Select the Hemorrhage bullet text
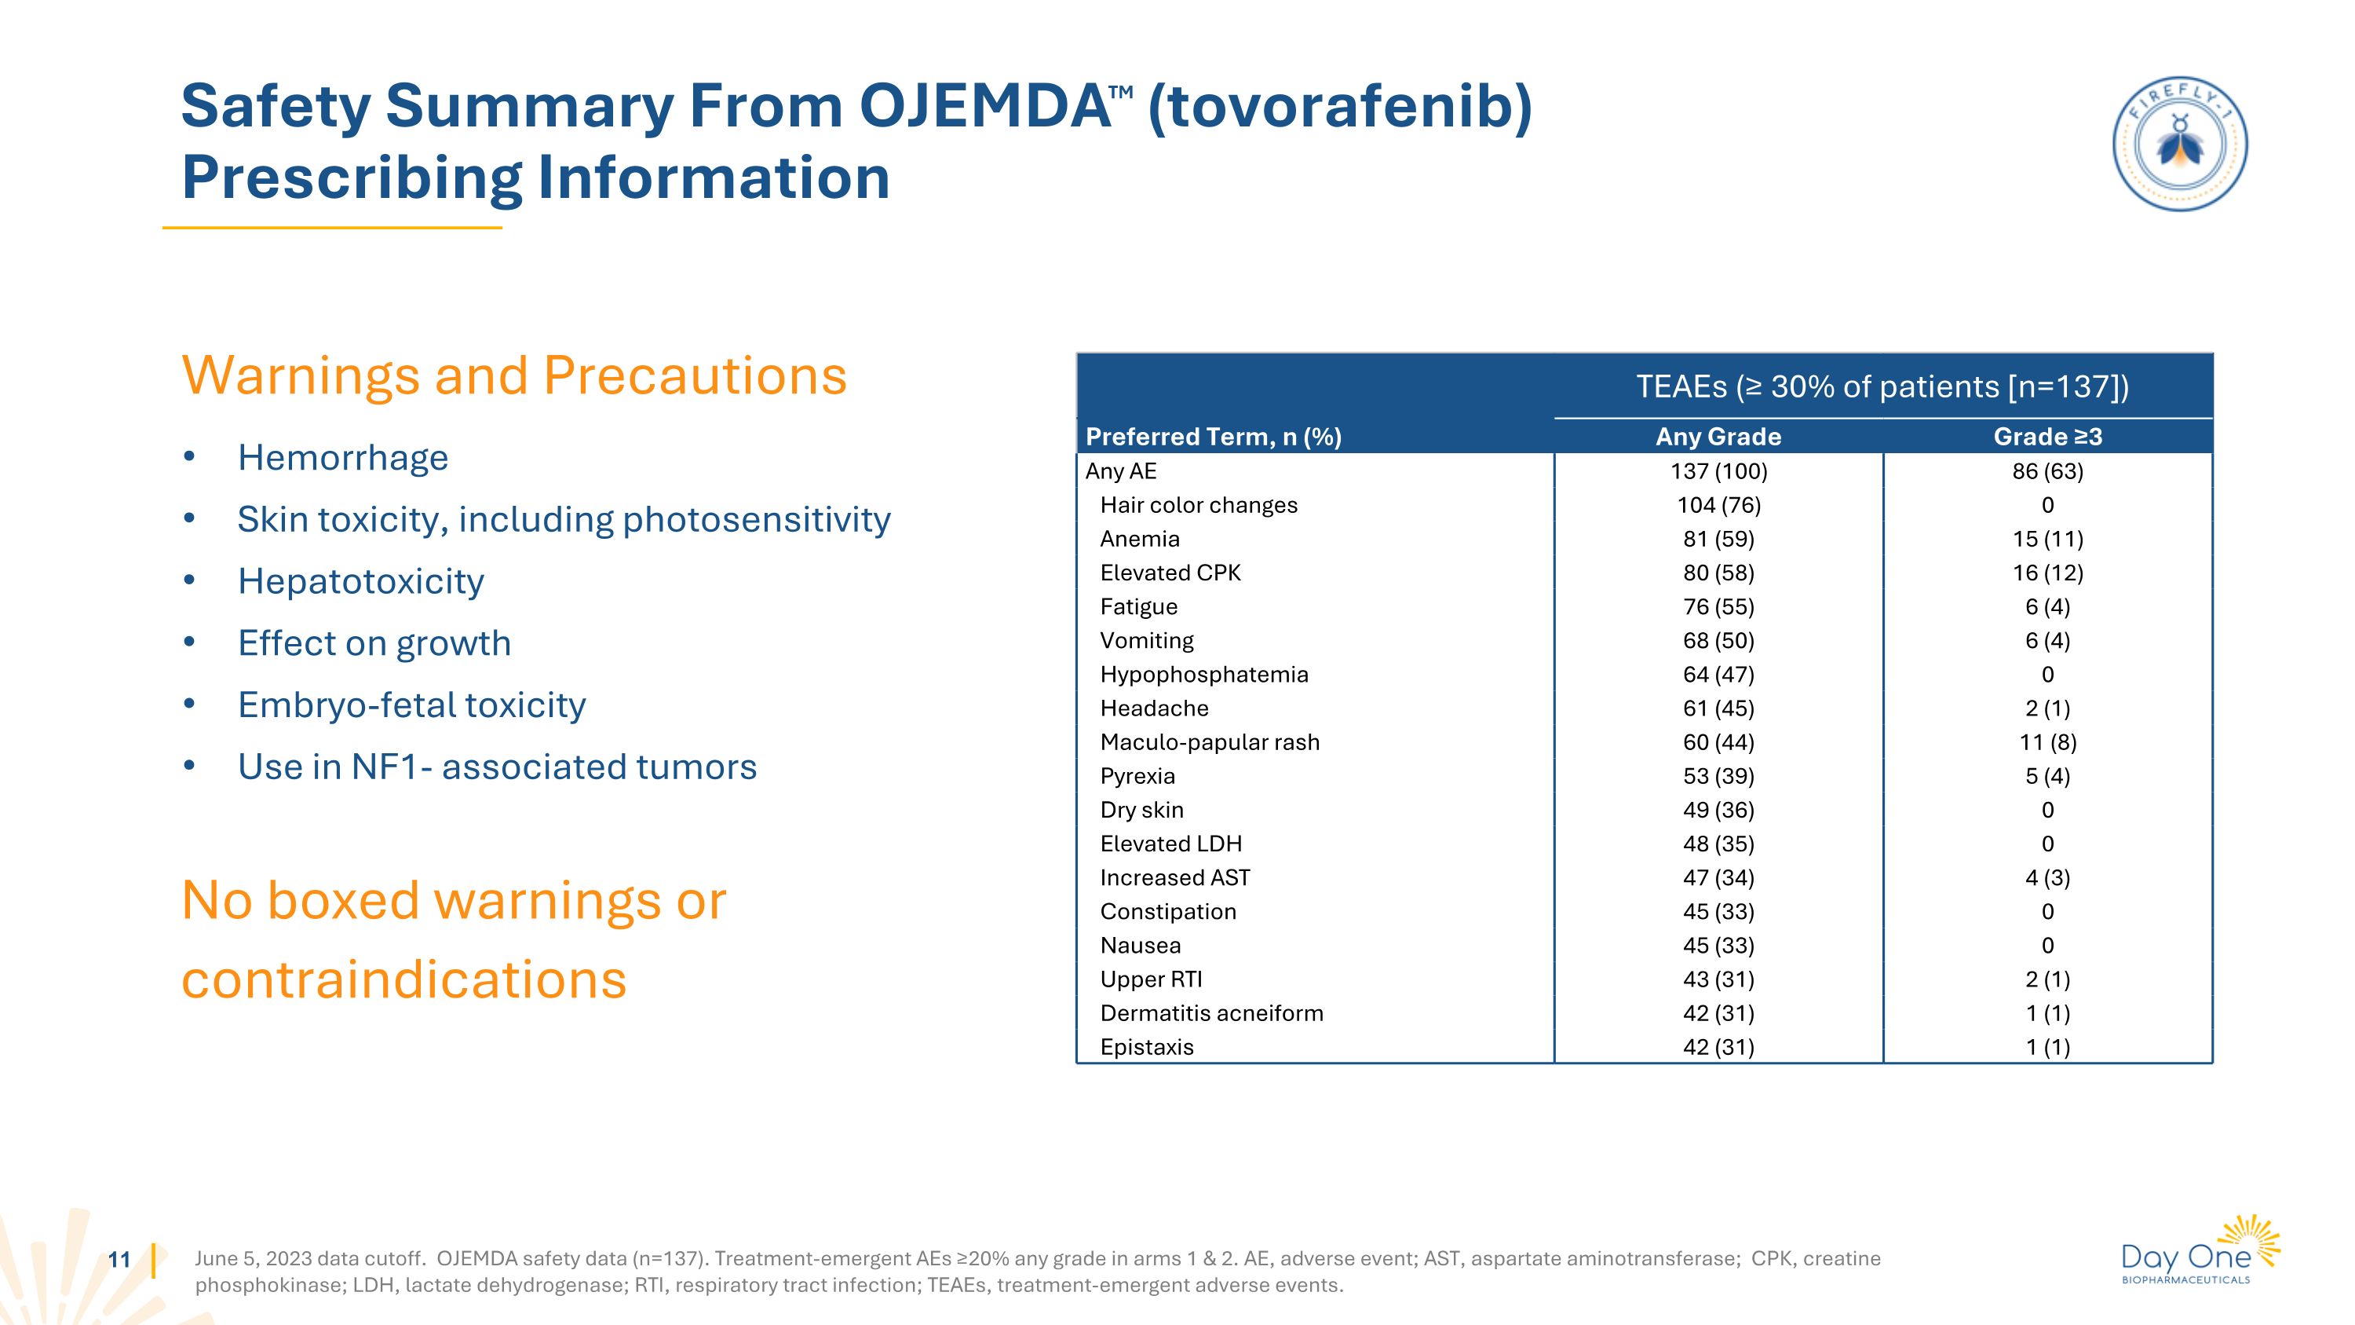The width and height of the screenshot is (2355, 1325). pos(343,457)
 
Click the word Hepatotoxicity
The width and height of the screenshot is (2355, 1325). pos(360,580)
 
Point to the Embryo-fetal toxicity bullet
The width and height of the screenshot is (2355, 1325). pos(411,705)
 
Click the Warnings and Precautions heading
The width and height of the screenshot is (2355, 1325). pos(514,376)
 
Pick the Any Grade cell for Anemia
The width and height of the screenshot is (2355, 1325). pos(1718,539)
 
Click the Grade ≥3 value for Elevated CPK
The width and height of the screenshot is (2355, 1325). pos(2047,573)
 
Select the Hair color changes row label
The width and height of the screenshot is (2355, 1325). pos(1199,505)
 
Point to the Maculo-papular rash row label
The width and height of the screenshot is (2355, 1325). pos(1210,741)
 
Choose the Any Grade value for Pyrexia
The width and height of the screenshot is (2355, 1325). pos(1718,775)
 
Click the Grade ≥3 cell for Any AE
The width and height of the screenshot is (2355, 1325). pos(2047,471)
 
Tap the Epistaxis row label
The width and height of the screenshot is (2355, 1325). pos(1146,1047)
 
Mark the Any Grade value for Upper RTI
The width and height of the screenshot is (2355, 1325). pos(1718,979)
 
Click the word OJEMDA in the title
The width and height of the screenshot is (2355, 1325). pos(984,107)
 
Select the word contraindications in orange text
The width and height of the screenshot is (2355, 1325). pos(404,979)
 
